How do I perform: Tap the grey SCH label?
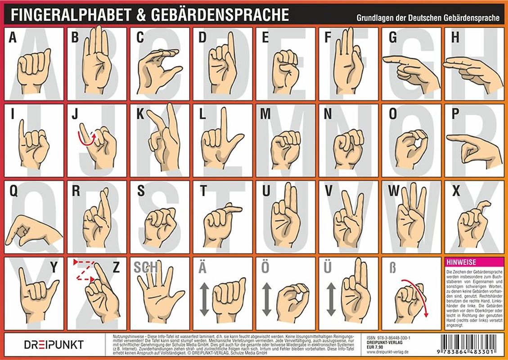[145, 267]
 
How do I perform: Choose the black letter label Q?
[13, 192]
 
